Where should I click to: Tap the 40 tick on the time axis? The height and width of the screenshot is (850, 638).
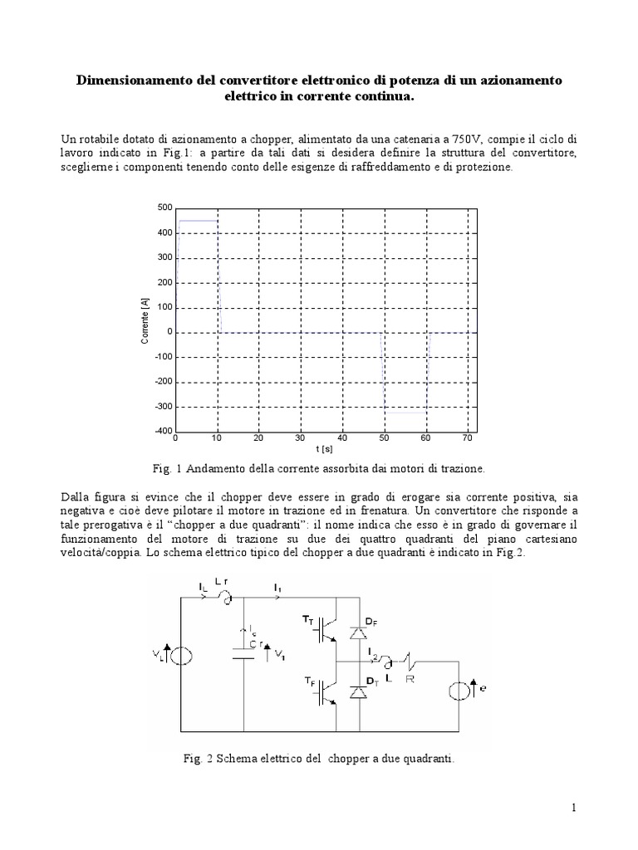342,438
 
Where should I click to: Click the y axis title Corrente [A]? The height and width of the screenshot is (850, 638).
145,320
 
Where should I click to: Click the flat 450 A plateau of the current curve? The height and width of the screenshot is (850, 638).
198,221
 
